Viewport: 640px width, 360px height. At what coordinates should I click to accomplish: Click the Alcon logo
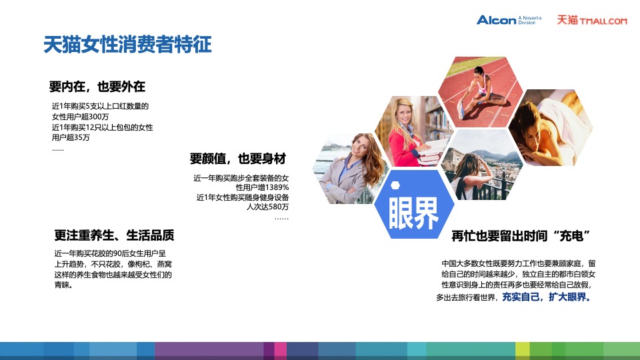coord(497,20)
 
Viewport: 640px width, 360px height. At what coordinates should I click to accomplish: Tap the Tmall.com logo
coord(592,20)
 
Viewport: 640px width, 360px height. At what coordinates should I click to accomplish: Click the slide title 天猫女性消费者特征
coord(127,45)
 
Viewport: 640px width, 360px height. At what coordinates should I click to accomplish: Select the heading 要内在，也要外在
coord(97,87)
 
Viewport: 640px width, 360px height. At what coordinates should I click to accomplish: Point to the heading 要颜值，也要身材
coord(238,159)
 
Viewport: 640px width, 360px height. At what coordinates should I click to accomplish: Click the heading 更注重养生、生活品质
coord(115,235)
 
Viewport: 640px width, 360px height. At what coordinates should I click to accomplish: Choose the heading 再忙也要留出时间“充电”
coord(522,236)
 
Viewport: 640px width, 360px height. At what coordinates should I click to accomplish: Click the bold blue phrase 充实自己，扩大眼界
coord(546,297)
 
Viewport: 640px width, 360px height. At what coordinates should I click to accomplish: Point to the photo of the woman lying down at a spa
coord(551,128)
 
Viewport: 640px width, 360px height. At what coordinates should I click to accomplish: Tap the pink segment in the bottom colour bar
coord(280,350)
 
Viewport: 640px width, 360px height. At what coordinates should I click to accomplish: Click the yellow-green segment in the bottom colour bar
coord(522,350)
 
